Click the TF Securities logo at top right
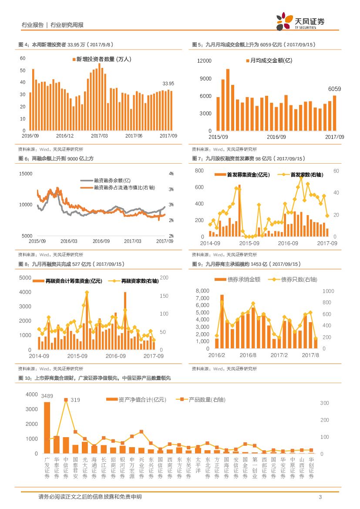coord(300,21)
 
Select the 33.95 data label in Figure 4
coord(168,84)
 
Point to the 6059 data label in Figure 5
coord(334,89)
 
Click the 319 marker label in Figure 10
coord(75,400)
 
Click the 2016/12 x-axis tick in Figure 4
coord(65,136)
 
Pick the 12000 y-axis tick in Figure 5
coord(204,61)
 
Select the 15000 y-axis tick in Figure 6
coord(26,174)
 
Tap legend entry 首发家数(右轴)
coord(306,175)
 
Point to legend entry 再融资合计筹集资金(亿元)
coord(74,281)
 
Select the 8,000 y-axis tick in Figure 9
coord(203,291)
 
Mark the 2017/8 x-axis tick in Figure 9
coord(311,355)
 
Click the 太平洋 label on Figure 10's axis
coord(198,467)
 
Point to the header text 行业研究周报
coord(67,25)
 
